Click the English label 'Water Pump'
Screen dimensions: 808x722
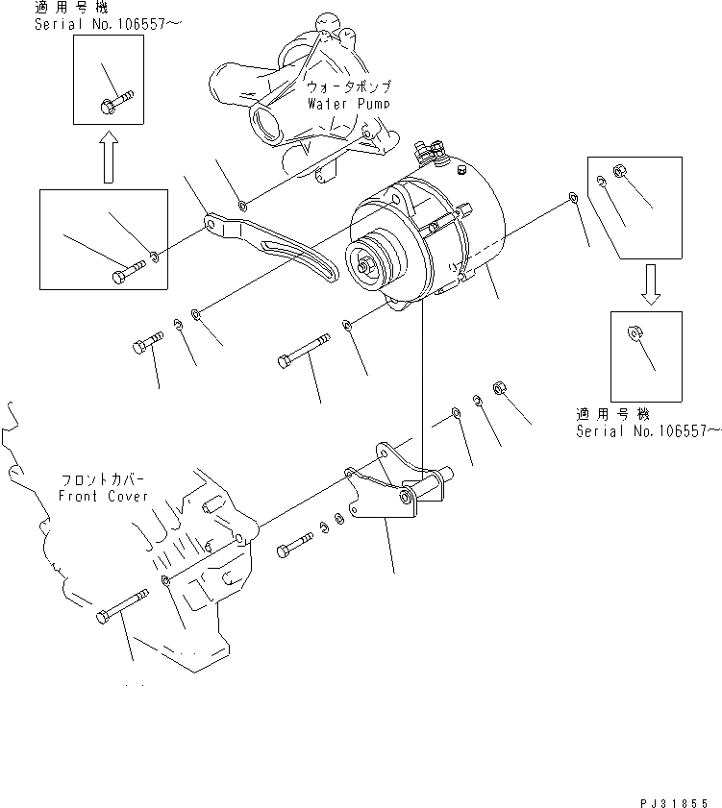(x=348, y=102)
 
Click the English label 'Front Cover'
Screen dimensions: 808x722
(x=103, y=496)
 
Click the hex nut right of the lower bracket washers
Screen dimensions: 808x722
(x=499, y=387)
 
